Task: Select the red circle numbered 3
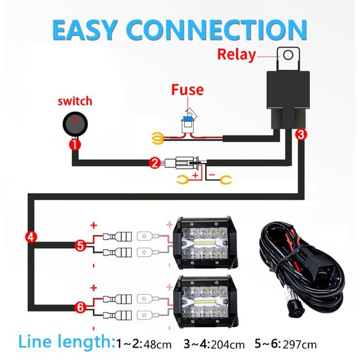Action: [302, 134]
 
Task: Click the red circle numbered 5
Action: [80, 245]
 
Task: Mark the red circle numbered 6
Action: [80, 308]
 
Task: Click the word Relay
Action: [237, 54]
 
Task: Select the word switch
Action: [75, 100]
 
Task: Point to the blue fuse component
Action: [186, 119]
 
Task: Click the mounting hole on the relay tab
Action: [288, 55]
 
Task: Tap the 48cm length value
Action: [158, 345]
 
